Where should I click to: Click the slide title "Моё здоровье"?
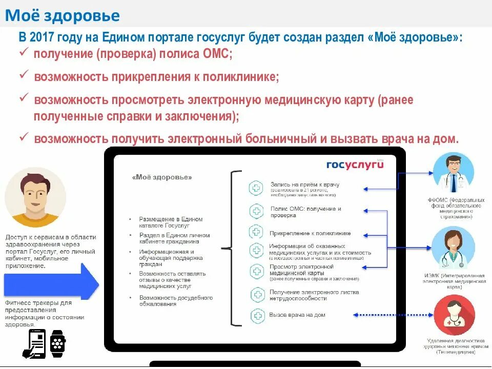(63, 15)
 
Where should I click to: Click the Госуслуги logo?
(355, 164)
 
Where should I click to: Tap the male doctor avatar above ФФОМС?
(453, 173)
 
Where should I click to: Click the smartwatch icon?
(57, 344)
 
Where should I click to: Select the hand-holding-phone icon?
(34, 344)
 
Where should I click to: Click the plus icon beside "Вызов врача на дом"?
(256, 315)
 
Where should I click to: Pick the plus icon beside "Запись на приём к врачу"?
(255, 188)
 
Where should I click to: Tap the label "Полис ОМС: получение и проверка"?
(305, 212)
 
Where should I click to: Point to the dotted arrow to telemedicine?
(392, 315)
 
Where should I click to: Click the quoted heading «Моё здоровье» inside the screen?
(162, 177)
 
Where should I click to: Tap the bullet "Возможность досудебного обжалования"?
(176, 301)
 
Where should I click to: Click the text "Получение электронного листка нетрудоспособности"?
(314, 295)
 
